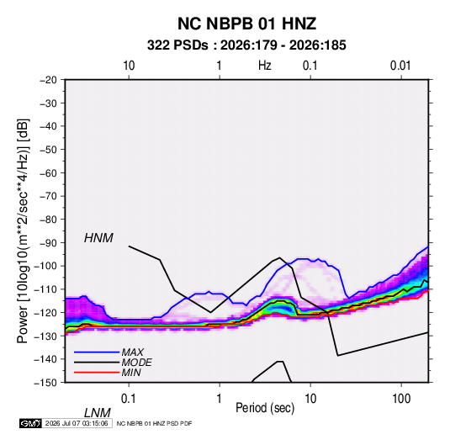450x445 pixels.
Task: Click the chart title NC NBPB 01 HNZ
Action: coord(246,24)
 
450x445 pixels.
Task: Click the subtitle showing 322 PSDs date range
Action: coord(246,45)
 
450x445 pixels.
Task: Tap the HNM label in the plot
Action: coord(98,238)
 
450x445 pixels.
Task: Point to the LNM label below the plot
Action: coord(97,413)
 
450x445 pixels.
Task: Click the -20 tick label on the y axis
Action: coord(48,80)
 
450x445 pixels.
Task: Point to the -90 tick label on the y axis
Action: coord(48,242)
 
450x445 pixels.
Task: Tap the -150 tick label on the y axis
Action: coord(45,383)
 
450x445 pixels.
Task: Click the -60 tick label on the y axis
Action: coord(48,172)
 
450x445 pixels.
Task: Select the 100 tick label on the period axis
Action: coord(401,399)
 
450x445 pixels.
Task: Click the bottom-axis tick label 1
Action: coord(219,399)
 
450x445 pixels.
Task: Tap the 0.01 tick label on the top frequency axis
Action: coord(400,66)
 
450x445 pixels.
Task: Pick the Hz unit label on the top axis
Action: coord(265,66)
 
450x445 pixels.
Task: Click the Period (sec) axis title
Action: coord(265,408)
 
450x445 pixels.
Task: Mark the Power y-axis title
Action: coord(23,231)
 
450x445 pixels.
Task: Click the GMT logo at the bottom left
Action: coord(30,423)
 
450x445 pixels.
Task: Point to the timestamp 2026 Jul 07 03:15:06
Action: coord(77,423)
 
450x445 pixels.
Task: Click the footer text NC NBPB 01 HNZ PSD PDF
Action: coord(154,423)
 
